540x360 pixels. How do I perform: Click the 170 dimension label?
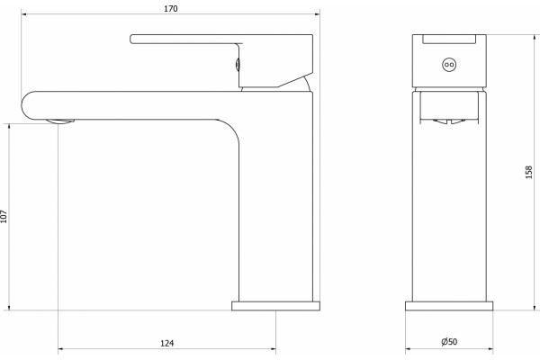point(171,9)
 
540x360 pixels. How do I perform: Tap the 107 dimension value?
point(4,216)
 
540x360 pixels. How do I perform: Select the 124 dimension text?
point(167,343)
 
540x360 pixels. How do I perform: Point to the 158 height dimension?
point(528,172)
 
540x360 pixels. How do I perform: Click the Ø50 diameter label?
point(449,341)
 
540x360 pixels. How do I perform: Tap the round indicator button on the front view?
point(449,65)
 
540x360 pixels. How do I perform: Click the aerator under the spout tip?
point(60,121)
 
